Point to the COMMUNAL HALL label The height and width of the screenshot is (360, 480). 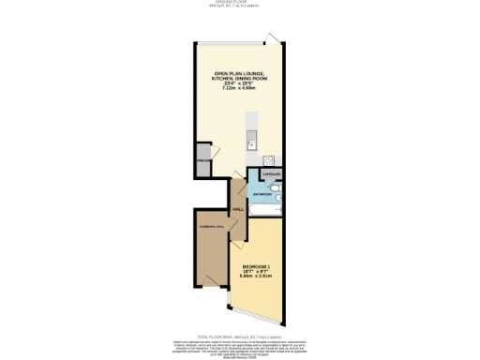click(x=211, y=228)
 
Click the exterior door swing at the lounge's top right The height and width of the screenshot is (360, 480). click(x=272, y=37)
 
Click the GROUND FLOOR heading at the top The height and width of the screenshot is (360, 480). click(x=239, y=3)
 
